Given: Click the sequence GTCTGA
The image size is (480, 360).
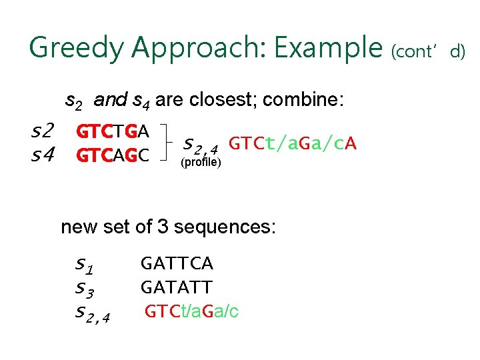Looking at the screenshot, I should (x=113, y=131).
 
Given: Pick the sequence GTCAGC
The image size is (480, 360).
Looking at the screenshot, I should (x=113, y=157).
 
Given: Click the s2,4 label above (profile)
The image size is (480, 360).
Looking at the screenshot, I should (x=200, y=143).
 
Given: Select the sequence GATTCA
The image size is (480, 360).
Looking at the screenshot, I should (x=177, y=264).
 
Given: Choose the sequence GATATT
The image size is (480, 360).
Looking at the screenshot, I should (x=177, y=288).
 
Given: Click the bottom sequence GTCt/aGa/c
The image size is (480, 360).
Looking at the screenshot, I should (x=192, y=311).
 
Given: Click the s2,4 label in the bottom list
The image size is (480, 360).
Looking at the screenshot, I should (x=93, y=312).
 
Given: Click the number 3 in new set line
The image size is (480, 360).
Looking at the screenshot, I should (x=163, y=227).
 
